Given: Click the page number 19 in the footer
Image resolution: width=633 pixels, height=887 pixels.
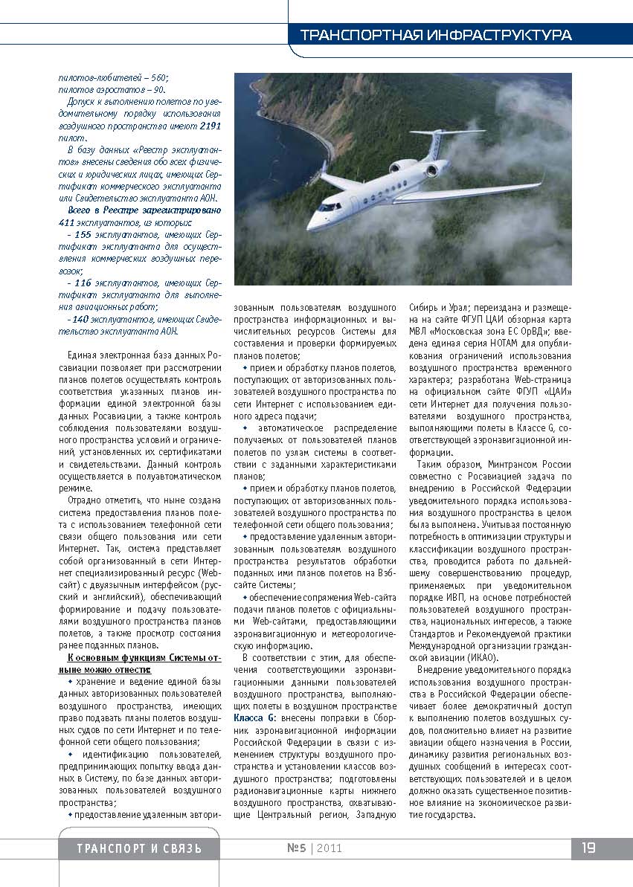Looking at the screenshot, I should [588, 848].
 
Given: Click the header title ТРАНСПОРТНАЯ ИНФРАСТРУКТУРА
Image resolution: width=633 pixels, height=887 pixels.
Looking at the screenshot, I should [435, 35].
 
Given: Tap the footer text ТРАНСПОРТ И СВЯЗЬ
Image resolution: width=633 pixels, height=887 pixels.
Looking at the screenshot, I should [139, 849].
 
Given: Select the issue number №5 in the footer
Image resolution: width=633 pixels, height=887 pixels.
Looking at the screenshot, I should [296, 848].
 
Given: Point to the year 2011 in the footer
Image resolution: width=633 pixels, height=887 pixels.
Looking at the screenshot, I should [329, 848].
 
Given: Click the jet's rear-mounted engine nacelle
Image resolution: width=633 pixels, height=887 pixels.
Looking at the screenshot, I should [404, 164].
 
